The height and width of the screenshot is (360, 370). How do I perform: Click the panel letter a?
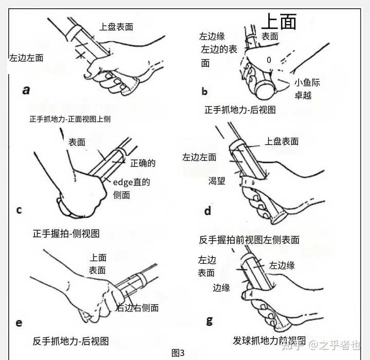point(26,90)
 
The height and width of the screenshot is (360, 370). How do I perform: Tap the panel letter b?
point(205,91)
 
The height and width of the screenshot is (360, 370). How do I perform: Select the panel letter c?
point(20,210)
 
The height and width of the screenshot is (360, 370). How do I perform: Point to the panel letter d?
point(208,211)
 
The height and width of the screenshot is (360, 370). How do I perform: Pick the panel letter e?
point(19,323)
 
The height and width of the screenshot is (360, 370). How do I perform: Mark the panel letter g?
point(209,321)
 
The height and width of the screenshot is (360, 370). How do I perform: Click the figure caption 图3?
point(178,353)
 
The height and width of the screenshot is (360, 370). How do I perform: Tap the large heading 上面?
point(279,22)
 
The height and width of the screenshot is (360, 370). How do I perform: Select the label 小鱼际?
point(307,82)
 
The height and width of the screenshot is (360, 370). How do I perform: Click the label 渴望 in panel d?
point(217,181)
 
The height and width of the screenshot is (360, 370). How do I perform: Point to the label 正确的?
point(143,163)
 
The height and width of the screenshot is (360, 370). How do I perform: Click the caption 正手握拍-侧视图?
point(66,233)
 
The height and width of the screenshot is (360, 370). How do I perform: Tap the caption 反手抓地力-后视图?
point(71,341)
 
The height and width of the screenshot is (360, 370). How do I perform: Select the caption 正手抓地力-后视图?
point(240,110)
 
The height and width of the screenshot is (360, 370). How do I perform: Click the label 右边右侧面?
point(137,308)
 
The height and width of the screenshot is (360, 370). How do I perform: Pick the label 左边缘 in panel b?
point(212,37)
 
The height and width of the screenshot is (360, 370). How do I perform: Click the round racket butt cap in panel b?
point(265,90)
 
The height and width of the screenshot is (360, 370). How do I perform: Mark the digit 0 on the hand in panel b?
point(269,60)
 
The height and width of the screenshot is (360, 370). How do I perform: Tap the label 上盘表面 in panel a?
point(116,27)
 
